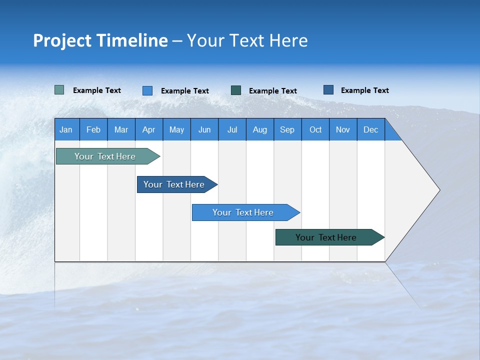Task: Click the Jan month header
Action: point(66,129)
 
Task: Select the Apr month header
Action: point(149,129)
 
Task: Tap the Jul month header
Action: point(232,129)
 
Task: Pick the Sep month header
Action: point(287,129)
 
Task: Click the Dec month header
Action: point(370,129)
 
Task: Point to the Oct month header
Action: point(315,129)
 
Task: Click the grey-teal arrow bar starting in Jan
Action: point(105,156)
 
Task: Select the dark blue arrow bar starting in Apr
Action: point(174,184)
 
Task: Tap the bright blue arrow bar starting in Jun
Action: point(243,212)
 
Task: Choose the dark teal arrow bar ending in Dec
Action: point(326,237)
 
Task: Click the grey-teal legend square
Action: point(59,90)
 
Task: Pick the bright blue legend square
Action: point(147,90)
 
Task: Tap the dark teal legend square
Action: point(236,90)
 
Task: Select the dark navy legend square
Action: point(328,89)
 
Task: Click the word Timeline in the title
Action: point(132,40)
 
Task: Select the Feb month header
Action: point(93,129)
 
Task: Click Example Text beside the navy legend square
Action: point(364,90)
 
